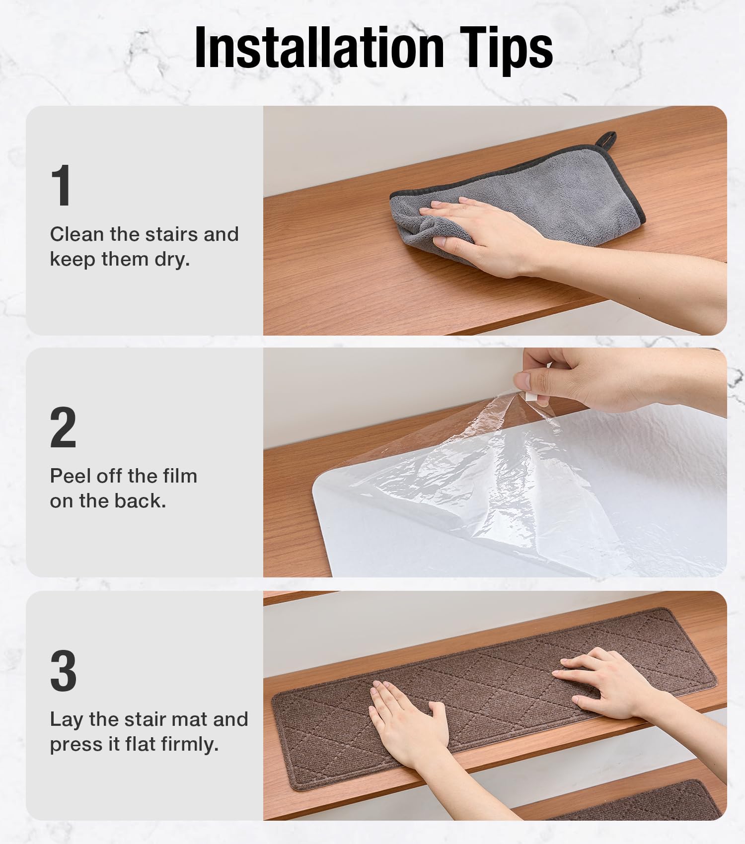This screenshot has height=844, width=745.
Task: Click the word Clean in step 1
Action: pyautogui.click(x=76, y=234)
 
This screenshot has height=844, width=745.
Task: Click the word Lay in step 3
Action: pyautogui.click(x=67, y=720)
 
